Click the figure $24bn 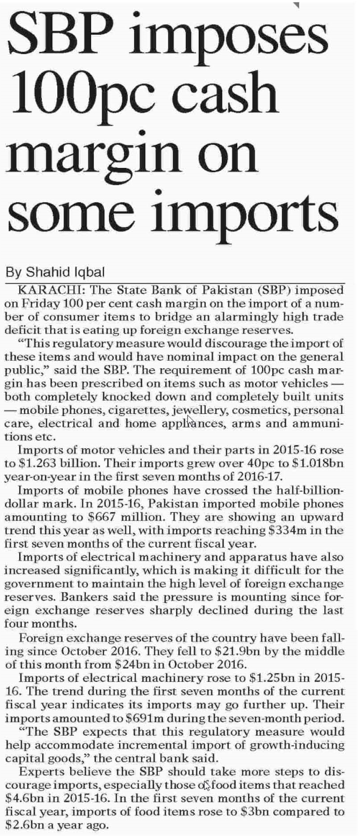(132, 665)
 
